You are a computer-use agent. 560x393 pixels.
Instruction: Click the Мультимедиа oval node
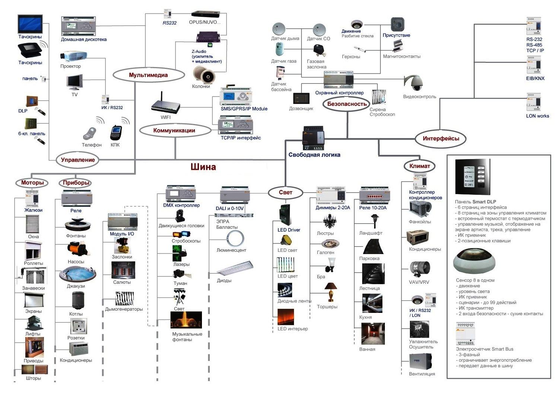pos(148,75)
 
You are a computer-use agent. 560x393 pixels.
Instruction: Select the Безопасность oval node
pos(347,104)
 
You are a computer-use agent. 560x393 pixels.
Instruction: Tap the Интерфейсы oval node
pos(441,139)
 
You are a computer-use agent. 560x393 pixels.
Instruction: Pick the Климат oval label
pos(420,166)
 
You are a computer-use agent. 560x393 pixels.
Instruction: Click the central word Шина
pos(203,167)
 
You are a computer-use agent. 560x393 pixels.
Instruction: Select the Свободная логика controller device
pos(313,138)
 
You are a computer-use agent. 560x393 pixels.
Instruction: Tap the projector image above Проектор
pos(73,56)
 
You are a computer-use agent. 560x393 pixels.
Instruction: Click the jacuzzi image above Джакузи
pos(77,275)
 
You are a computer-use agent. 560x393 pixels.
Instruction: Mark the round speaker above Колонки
pos(203,75)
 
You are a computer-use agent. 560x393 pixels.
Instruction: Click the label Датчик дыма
pos(285,38)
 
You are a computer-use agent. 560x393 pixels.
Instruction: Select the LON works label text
pos(537,116)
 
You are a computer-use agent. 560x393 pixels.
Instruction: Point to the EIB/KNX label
pos(535,78)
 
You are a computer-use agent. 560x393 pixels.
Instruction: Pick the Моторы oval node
pos(32,183)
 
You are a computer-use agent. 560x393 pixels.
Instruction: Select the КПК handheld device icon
pos(116,133)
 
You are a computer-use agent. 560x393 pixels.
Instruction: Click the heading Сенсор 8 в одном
pos(475,280)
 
